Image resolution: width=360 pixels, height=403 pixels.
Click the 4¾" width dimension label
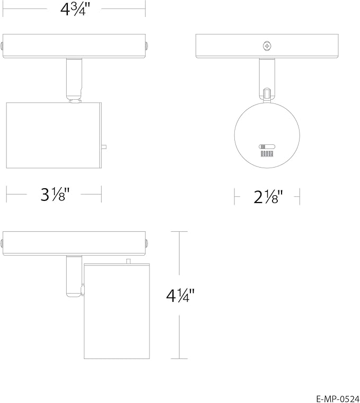pos(75,10)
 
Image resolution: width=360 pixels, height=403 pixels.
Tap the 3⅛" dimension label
pos(55,194)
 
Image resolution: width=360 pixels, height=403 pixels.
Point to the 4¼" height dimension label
pos(181,295)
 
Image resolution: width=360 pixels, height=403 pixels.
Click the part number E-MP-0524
pos(338,399)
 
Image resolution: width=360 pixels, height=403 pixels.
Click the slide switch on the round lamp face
pos(267,147)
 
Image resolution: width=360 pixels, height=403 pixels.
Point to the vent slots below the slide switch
pos(267,154)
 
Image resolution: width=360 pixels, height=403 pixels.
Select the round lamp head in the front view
pos(267,135)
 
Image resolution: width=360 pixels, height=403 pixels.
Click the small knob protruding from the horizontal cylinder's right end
pos(104,147)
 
